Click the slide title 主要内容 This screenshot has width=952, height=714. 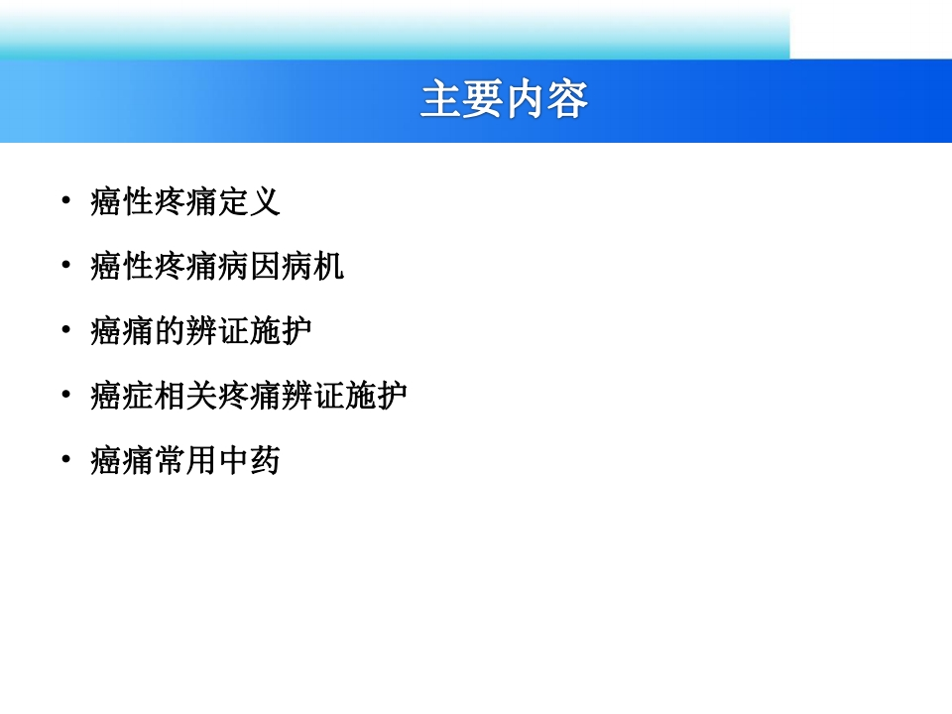click(x=504, y=99)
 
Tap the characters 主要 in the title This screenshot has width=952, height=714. click(x=461, y=99)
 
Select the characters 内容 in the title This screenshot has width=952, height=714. click(x=546, y=99)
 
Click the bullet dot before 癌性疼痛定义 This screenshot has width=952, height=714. click(x=66, y=199)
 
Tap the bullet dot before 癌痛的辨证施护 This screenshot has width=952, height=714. click(x=66, y=329)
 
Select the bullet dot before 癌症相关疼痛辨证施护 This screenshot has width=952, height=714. click(x=66, y=394)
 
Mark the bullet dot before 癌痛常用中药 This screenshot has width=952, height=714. click(x=66, y=458)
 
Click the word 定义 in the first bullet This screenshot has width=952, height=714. click(x=249, y=201)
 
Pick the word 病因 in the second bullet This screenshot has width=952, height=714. click(x=248, y=267)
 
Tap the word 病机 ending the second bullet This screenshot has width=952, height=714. click(x=312, y=267)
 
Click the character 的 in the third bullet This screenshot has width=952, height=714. click(x=170, y=331)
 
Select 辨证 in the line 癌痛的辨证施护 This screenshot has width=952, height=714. click(x=217, y=331)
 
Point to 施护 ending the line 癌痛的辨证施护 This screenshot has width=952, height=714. click(x=281, y=331)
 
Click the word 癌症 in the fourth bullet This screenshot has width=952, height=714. click(x=122, y=396)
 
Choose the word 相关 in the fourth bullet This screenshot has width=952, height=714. click(x=185, y=396)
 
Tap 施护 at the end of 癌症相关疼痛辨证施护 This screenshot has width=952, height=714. click(x=376, y=396)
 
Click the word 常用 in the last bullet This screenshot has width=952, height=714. click(x=185, y=461)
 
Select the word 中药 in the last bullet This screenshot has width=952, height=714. click(x=249, y=461)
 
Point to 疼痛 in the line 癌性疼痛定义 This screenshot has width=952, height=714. click(x=185, y=201)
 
